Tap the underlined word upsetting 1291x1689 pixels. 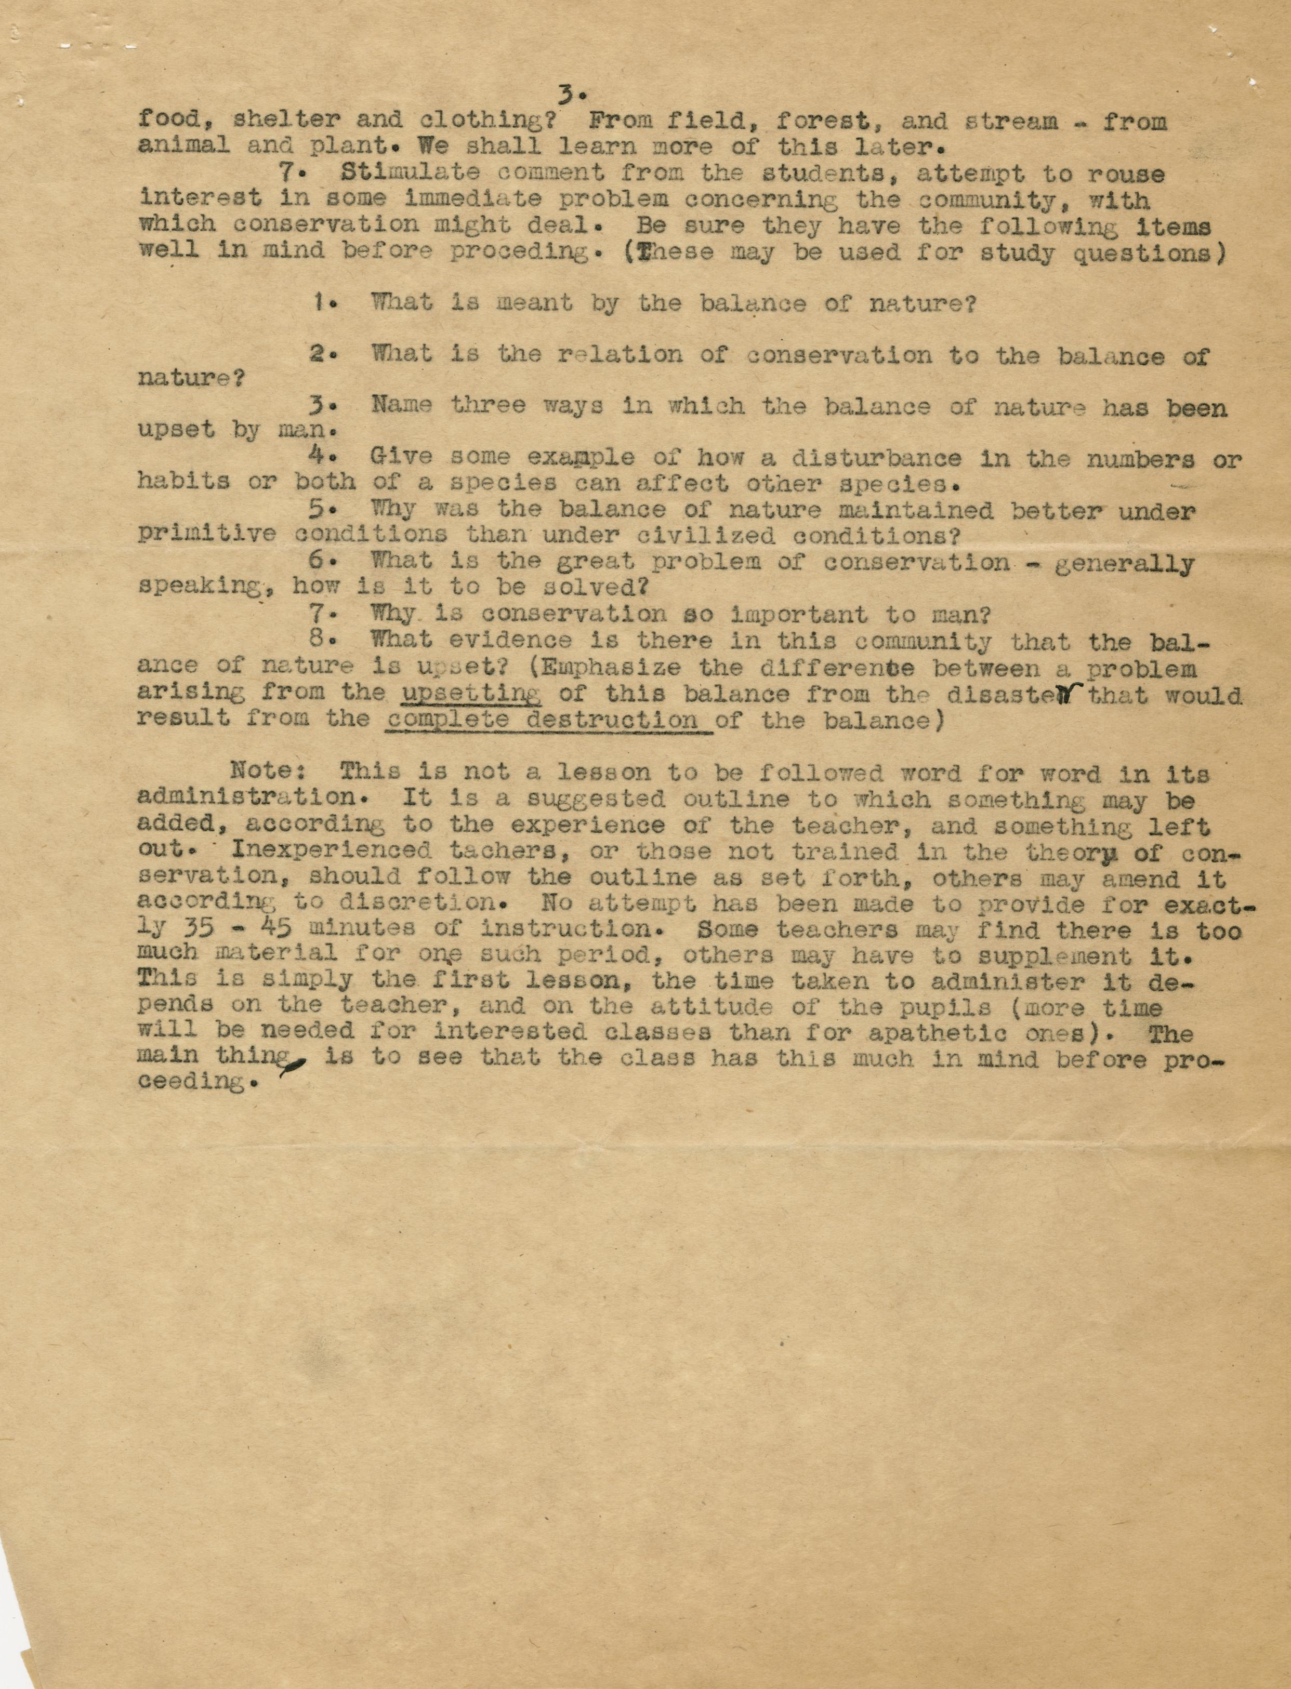(471, 694)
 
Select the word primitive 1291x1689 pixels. (206, 535)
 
